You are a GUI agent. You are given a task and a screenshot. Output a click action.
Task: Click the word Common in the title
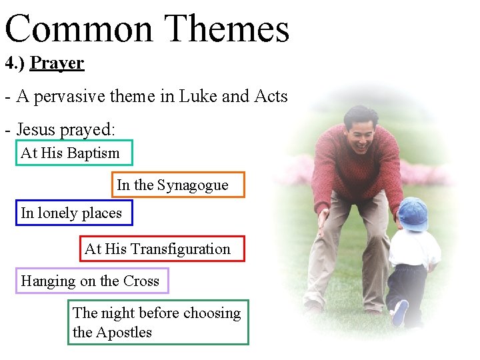pos(79,30)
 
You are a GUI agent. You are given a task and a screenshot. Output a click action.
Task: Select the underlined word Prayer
pos(57,64)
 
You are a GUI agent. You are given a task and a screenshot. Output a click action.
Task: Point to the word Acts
pos(271,97)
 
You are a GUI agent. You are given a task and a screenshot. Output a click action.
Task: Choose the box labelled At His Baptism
pos(75,153)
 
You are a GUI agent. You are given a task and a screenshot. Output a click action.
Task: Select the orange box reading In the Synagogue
pos(178,185)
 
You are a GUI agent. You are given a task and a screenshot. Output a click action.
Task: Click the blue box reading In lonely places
pos(74,213)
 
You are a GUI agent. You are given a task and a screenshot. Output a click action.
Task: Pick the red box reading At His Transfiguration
pos(162,249)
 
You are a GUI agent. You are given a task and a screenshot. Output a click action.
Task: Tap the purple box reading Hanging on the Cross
pos(92,281)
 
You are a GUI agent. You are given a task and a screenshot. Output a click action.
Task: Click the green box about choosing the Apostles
pos(158,323)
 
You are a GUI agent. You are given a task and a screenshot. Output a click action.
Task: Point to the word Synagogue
pos(193,185)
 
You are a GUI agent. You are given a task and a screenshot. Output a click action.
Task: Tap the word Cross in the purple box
pos(141,281)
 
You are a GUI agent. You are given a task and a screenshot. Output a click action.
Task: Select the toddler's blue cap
pos(412,214)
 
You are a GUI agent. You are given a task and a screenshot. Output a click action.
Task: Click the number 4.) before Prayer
pos(15,64)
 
